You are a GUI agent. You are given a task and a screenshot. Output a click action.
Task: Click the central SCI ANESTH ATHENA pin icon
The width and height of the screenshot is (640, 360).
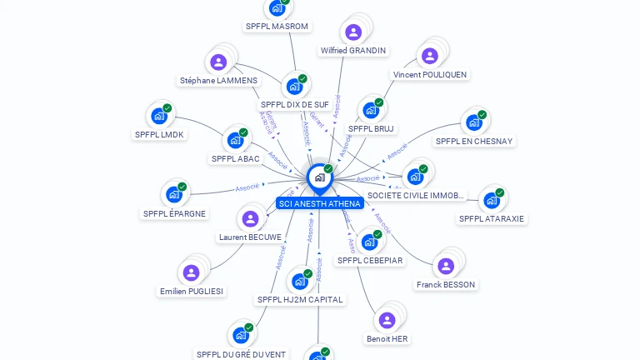coord(319,177)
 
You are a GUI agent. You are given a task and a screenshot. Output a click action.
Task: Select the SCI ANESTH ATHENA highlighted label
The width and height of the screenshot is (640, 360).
coord(319,203)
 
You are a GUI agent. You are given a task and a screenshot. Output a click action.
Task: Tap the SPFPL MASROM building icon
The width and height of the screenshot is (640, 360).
coord(277,8)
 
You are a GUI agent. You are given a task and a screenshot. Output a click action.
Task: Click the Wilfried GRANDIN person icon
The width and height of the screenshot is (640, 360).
coord(353,32)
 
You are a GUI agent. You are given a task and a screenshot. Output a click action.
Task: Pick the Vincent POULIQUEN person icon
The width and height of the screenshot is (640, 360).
coord(429,57)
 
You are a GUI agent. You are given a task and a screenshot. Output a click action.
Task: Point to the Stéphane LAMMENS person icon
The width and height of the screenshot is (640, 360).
coord(218,62)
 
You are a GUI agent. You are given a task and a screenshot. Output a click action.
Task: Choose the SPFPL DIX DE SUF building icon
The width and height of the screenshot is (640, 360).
coord(293,87)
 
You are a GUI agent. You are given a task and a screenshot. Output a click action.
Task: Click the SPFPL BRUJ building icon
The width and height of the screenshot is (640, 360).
coord(371,110)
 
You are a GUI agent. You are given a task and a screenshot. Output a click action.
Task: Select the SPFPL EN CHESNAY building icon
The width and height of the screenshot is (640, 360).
coord(474,122)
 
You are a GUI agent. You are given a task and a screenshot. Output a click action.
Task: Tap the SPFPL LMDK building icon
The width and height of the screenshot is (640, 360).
coord(158,116)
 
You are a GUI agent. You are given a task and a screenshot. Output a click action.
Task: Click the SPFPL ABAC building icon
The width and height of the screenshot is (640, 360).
coord(235,140)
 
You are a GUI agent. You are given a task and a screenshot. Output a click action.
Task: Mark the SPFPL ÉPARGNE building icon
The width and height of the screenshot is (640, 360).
coord(173,195)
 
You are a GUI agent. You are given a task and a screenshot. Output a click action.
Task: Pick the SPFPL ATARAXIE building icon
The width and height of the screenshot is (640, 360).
coord(492,201)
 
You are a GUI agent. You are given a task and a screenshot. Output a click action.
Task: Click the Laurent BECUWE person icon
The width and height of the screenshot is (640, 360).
coord(249,219)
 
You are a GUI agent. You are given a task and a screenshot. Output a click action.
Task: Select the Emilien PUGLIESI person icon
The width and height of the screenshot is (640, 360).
coord(191,273)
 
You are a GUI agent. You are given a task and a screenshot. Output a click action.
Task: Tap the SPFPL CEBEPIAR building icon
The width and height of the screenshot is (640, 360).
coord(369,242)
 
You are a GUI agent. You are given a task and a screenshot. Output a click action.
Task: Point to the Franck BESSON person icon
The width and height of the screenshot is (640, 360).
coord(445,267)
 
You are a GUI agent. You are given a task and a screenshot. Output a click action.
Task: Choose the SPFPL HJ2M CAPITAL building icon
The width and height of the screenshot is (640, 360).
coord(299,282)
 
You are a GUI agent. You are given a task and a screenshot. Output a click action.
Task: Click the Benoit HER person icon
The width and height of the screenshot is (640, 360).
coord(387,320)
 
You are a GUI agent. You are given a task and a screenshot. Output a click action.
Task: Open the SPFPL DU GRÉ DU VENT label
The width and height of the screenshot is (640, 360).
coord(241,354)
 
